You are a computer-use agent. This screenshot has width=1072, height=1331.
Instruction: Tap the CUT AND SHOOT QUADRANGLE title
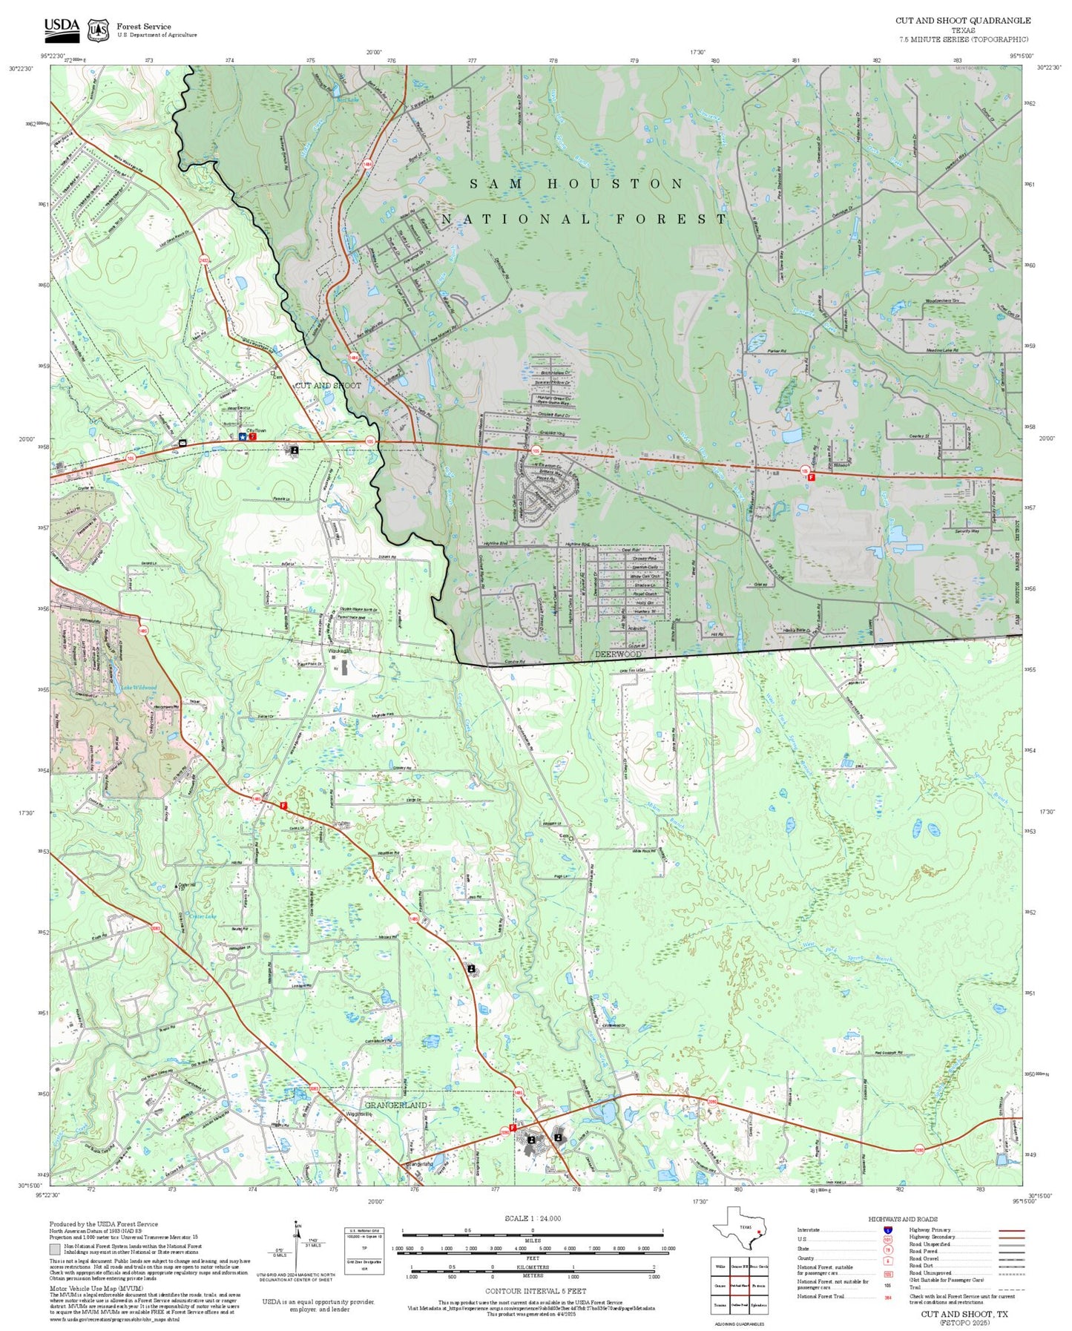click(962, 21)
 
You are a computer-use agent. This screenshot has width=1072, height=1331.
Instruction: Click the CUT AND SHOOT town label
click(328, 385)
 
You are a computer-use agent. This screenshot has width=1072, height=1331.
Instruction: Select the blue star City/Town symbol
click(242, 437)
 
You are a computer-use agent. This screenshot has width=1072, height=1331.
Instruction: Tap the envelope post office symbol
click(182, 442)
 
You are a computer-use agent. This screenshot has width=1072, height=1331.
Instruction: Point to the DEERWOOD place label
click(618, 654)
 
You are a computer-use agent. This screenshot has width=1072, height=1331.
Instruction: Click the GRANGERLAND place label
click(395, 1105)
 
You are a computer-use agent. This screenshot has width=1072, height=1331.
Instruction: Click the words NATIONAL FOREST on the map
click(585, 219)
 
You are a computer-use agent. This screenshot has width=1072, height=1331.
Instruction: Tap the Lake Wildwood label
click(139, 688)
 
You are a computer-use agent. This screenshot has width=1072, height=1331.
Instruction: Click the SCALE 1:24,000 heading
click(532, 1218)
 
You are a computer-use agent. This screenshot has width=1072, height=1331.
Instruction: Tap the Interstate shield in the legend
click(887, 1229)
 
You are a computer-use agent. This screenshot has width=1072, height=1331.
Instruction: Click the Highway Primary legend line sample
click(1012, 1230)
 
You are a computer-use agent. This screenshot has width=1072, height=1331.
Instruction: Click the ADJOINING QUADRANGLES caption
click(740, 1324)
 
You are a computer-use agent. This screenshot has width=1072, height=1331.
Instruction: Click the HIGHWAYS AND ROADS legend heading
click(902, 1219)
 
